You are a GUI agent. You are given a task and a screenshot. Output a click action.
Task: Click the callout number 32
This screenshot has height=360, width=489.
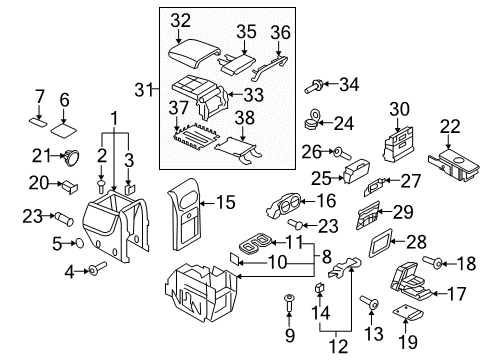point(181,20)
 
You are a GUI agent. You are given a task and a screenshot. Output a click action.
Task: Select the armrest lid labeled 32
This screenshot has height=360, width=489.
point(194,53)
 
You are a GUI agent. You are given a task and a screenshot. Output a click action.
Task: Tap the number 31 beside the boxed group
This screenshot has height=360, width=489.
point(144,89)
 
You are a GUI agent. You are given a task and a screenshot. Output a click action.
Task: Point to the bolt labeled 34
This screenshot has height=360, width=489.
point(313,86)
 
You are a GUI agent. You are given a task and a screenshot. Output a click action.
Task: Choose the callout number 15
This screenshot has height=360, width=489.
point(226,202)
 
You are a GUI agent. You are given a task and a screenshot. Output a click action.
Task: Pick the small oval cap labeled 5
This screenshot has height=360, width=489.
point(79,243)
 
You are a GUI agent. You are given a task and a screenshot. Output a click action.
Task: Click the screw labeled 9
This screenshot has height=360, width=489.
point(289,302)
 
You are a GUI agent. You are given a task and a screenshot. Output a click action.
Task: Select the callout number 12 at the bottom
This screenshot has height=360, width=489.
point(338,346)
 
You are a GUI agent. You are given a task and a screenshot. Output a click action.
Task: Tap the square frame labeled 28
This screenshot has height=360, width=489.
point(381,243)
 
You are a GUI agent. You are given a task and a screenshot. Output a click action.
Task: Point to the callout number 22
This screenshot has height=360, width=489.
point(450,126)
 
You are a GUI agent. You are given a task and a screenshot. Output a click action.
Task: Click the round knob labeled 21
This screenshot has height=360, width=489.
point(71,157)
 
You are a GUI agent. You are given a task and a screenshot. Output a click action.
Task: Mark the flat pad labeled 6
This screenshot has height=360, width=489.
point(63,130)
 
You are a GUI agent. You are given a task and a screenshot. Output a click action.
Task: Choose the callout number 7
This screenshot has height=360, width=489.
point(40,97)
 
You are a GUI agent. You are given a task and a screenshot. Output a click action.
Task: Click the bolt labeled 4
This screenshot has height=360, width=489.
point(97,268)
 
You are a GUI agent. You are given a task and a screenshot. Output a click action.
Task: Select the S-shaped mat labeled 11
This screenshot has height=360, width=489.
point(255,243)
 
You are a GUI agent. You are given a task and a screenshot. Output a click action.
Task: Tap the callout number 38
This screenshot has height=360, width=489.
point(245,118)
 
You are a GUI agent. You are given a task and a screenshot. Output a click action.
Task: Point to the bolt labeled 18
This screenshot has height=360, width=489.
point(433,262)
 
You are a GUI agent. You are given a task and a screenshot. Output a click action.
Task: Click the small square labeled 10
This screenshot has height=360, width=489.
point(234,258)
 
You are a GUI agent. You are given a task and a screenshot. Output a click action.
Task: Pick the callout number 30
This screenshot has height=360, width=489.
point(399,109)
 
